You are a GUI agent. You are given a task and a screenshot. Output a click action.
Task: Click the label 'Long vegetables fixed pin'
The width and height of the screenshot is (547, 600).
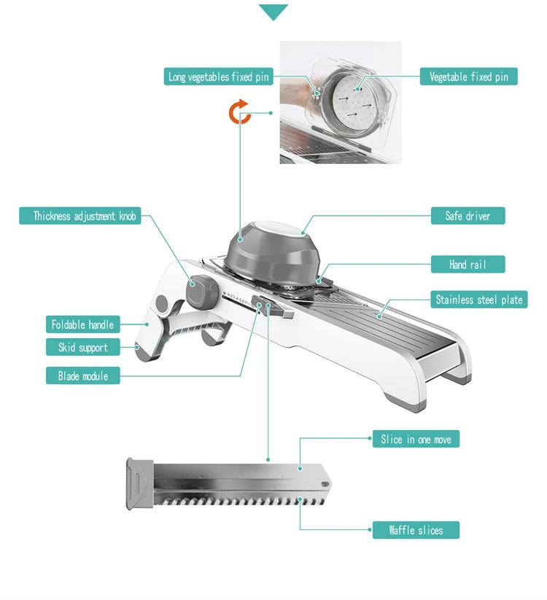[x=219, y=77]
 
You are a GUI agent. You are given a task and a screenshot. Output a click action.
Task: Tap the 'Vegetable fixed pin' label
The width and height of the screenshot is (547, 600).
[x=468, y=77]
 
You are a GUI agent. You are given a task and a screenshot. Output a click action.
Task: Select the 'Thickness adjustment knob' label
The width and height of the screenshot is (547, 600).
[x=85, y=216]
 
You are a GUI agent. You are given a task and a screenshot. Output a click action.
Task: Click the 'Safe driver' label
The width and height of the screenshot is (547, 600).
[x=468, y=216]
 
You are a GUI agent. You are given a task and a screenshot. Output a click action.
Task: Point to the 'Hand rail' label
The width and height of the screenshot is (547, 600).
[x=468, y=265]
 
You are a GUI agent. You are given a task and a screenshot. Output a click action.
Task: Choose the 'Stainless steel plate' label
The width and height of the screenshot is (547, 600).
[x=478, y=300]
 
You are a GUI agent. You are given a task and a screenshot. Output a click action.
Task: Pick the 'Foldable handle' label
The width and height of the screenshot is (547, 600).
[x=82, y=324]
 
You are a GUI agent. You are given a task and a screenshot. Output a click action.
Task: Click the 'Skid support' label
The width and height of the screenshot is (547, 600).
[x=82, y=348]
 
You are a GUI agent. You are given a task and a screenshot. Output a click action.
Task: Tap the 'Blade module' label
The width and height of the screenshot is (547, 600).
[x=82, y=376]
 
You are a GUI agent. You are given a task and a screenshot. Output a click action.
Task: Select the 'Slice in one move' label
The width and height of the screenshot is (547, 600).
[x=416, y=440]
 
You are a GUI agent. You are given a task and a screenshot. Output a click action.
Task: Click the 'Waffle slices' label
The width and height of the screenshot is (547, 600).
[x=415, y=531]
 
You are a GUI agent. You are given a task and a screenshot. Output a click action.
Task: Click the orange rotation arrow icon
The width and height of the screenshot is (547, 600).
[x=240, y=112]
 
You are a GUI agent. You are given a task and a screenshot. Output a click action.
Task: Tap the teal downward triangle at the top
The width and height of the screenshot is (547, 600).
[x=273, y=12]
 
